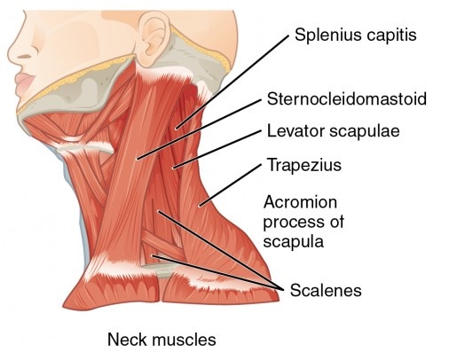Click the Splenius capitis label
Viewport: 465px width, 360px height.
(x=355, y=35)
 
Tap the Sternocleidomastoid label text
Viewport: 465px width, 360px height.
(x=347, y=98)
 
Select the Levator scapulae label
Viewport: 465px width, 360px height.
(x=334, y=131)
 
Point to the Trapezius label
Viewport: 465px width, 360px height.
(x=304, y=165)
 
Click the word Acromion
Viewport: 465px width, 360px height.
(x=300, y=202)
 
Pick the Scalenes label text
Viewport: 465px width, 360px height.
(x=326, y=290)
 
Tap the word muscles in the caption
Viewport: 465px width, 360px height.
(x=185, y=340)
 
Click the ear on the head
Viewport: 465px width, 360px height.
(x=154, y=37)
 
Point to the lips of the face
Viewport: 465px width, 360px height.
(x=25, y=84)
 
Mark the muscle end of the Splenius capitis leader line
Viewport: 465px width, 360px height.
(x=177, y=129)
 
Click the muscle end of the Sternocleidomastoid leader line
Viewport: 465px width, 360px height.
(x=137, y=159)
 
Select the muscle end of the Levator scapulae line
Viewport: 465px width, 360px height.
(x=173, y=168)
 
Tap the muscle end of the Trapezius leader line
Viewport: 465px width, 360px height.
(x=200, y=206)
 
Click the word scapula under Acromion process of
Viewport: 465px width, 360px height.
(x=294, y=242)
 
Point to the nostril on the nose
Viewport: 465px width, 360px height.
(x=25, y=56)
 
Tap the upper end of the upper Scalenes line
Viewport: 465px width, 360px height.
(x=159, y=212)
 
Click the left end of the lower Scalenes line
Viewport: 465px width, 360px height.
(x=153, y=255)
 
